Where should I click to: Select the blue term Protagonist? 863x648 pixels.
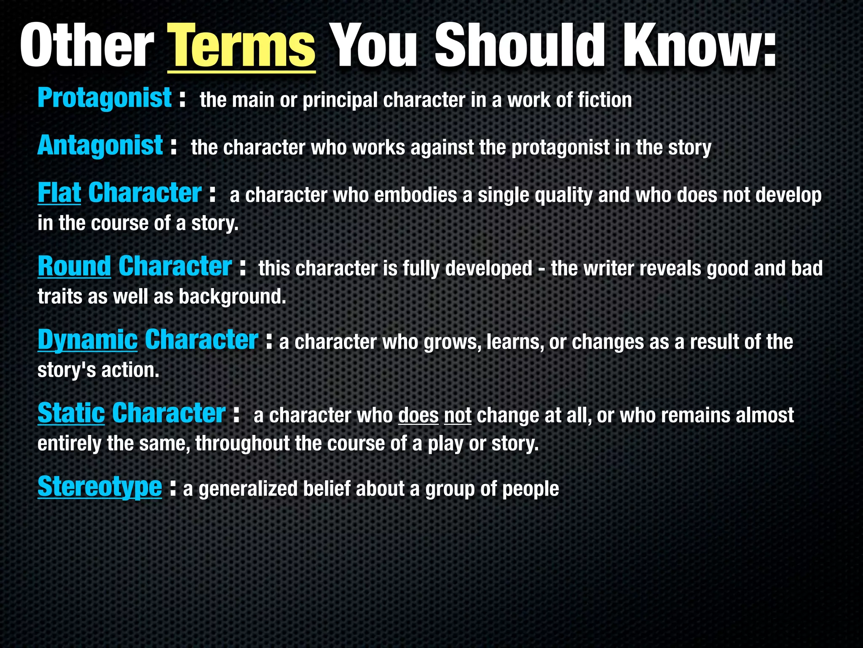pyautogui.click(x=105, y=98)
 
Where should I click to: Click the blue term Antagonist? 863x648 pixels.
pyautogui.click(x=100, y=146)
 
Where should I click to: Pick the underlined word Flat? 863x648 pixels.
pyautogui.click(x=59, y=193)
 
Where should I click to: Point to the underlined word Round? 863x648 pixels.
pyautogui.click(x=74, y=267)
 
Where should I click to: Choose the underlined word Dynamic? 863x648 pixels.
pyautogui.click(x=87, y=340)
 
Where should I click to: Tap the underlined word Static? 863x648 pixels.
pyautogui.click(x=71, y=413)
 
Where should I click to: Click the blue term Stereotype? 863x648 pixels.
pyautogui.click(x=99, y=487)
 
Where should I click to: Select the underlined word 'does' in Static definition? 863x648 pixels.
pyautogui.click(x=418, y=416)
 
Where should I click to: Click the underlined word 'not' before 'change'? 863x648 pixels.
pyautogui.click(x=458, y=416)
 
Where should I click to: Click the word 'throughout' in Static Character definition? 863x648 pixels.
pyautogui.click(x=242, y=444)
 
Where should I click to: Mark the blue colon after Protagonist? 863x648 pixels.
pyautogui.click(x=182, y=99)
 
